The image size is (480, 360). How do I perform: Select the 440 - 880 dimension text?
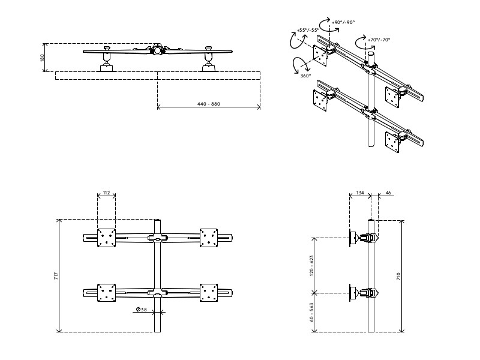[x=208, y=104]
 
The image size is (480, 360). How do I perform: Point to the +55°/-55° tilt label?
[x=307, y=29]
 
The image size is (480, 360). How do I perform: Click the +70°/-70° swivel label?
[x=379, y=40]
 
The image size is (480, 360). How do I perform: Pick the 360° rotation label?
[x=305, y=76]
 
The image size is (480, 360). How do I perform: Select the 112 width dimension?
[x=106, y=193]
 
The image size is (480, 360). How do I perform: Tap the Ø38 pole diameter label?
[x=142, y=310]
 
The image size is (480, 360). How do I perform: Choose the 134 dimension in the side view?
[x=359, y=193]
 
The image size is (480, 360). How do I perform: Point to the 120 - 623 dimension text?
[x=312, y=265]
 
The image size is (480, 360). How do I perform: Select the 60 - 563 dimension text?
[x=312, y=312]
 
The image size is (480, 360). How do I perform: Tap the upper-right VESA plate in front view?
[x=208, y=238]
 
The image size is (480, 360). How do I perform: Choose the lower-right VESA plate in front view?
[x=208, y=292]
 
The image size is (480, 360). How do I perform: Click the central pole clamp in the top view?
[x=158, y=51]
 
